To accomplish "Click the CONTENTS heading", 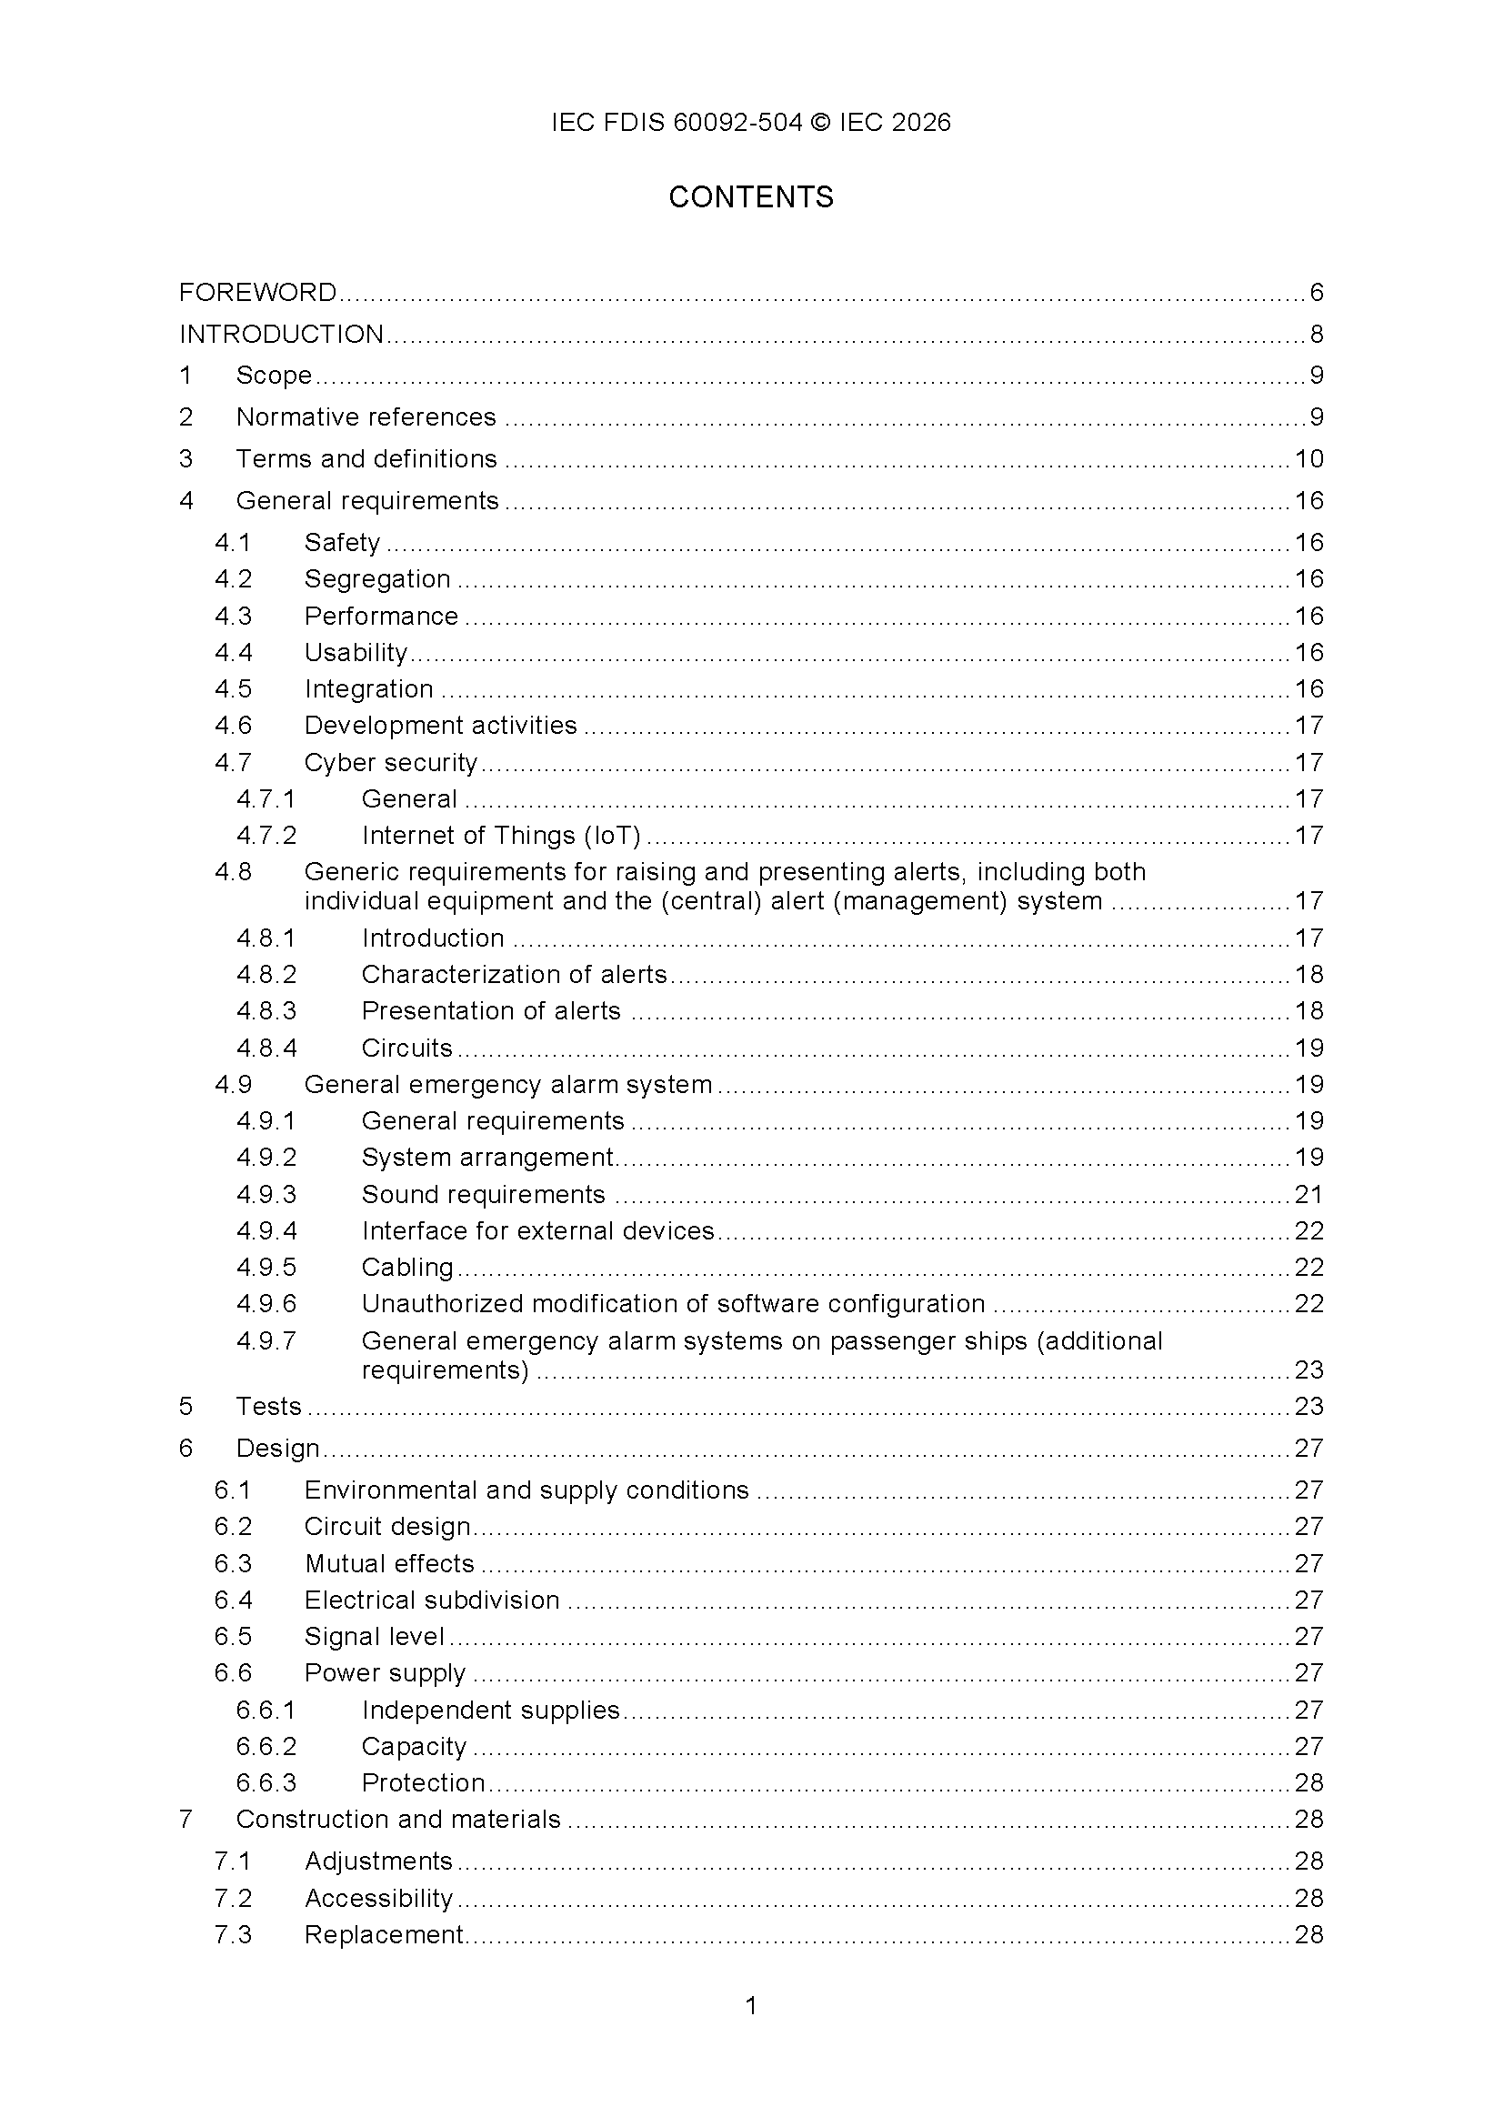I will tap(751, 197).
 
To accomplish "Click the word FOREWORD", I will tap(257, 293).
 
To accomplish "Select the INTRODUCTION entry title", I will tap(282, 335).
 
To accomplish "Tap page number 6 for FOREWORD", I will tap(1316, 293).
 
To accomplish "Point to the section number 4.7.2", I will tap(266, 836).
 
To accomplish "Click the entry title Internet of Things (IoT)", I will tap(501, 836).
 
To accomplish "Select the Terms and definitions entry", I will tap(366, 459).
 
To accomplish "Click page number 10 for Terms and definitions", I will tap(1308, 459).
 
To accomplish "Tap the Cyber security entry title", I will tap(391, 762).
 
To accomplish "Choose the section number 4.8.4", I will tap(266, 1048).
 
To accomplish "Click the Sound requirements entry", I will tap(483, 1195).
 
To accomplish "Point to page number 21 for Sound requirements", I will tap(1308, 1195).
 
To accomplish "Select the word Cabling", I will tap(407, 1268).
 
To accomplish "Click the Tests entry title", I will tap(268, 1406).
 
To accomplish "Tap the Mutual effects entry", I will tap(389, 1564).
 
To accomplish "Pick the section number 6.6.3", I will tap(266, 1782).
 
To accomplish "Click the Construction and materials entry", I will tap(398, 1820).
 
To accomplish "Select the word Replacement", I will tap(385, 1934).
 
